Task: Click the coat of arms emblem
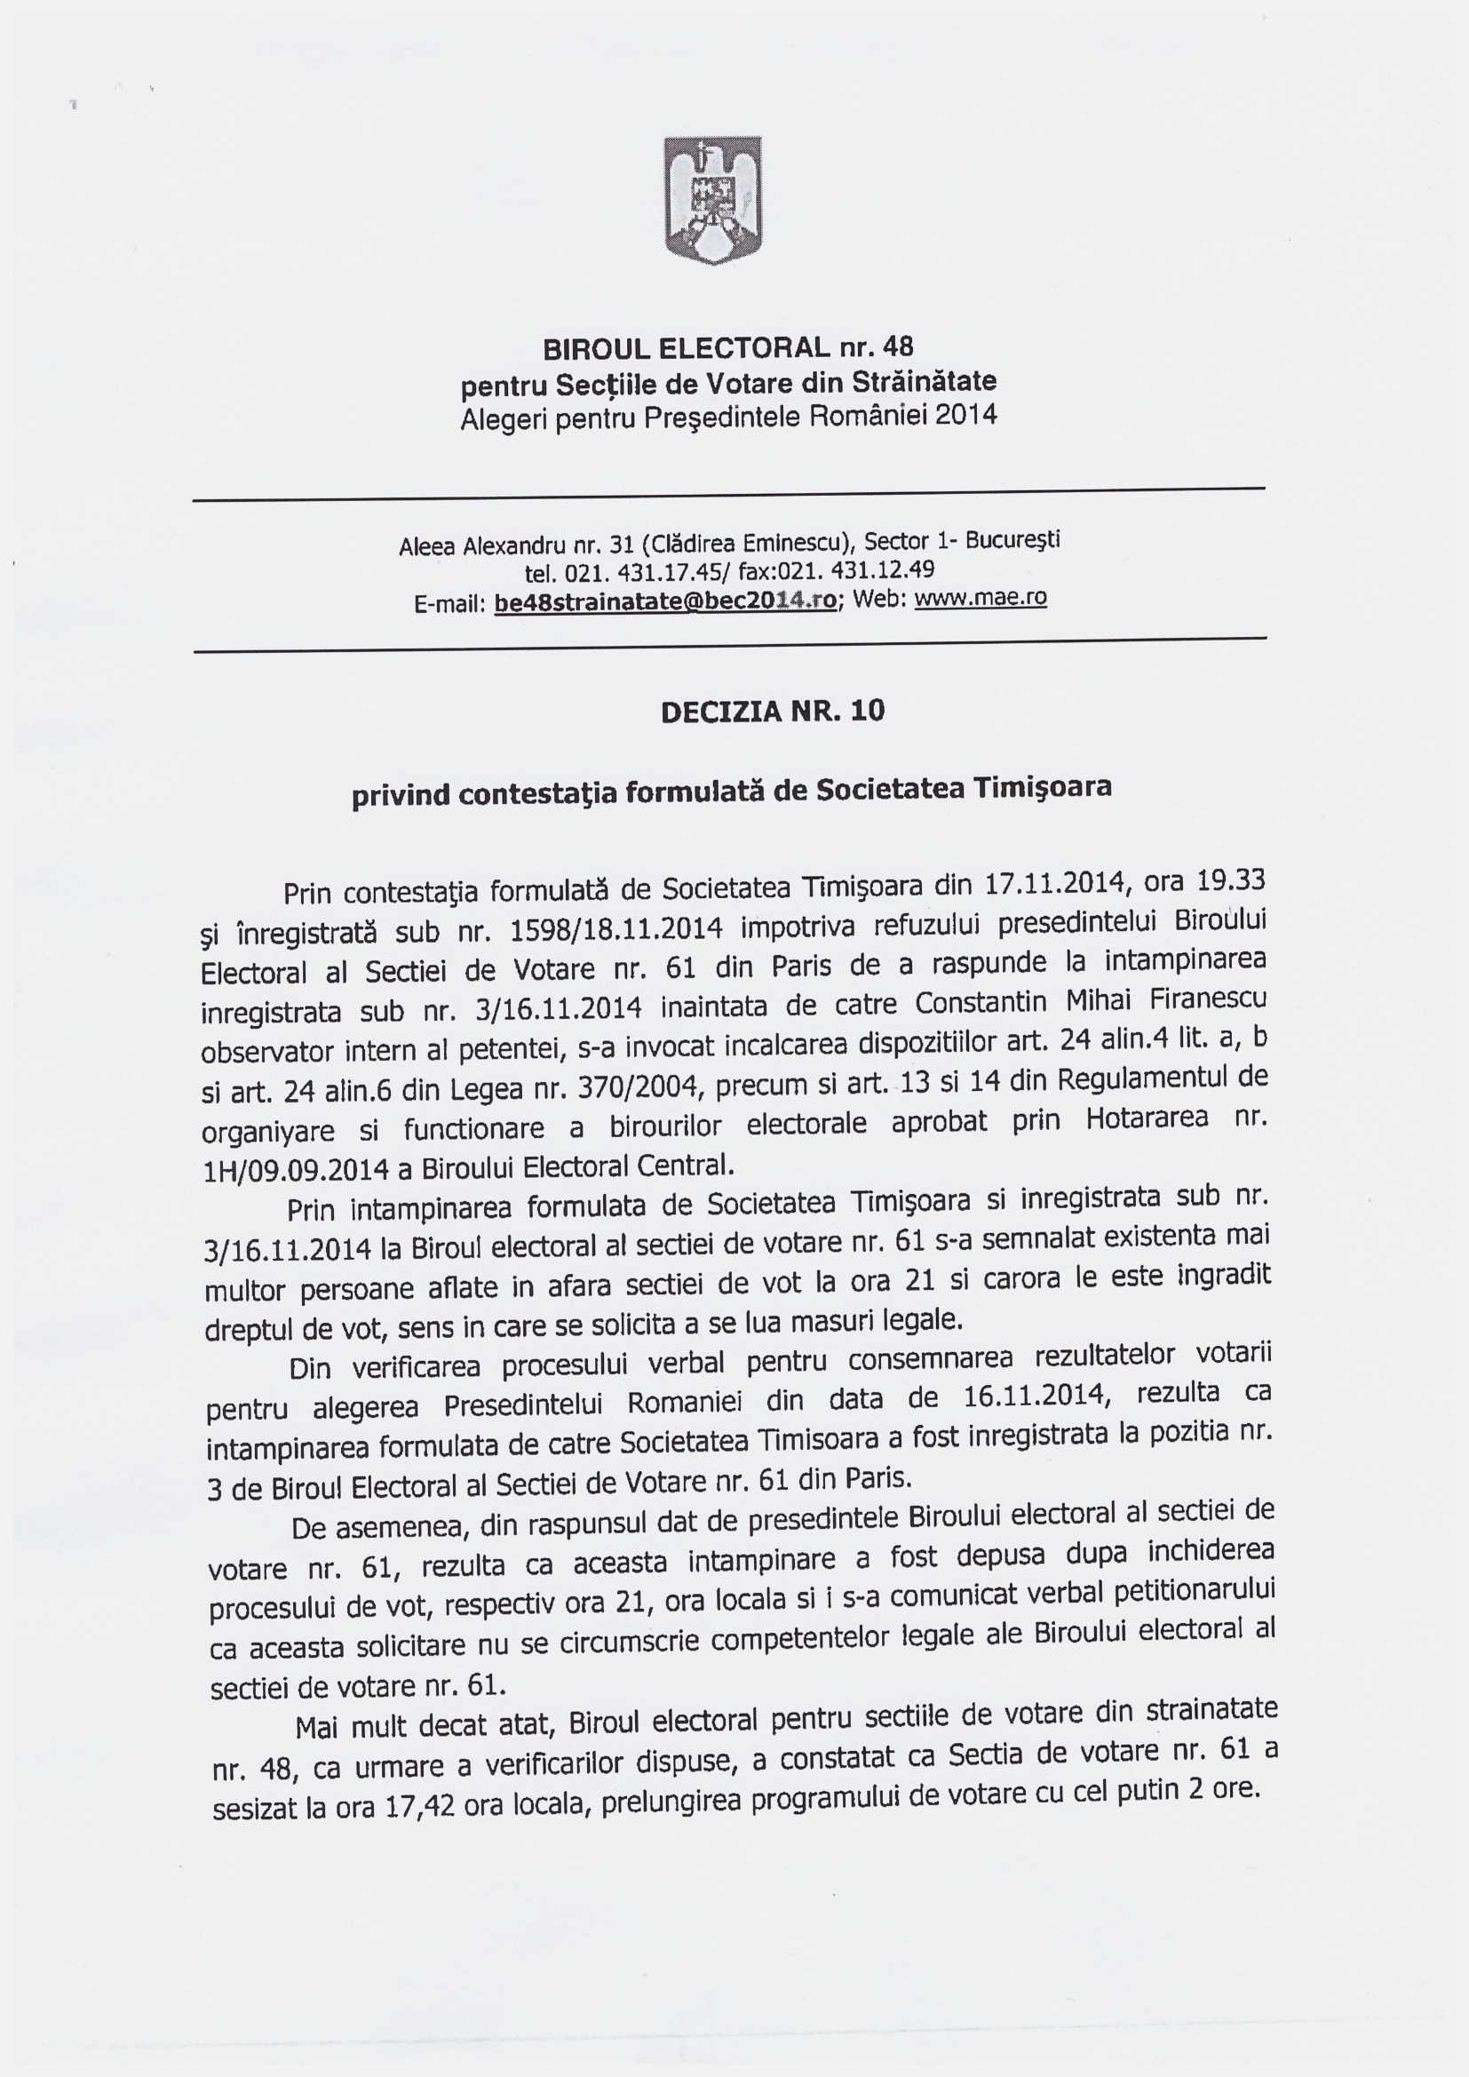pos(713,200)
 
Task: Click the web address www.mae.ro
pos(981,598)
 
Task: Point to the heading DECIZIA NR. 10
pos(773,712)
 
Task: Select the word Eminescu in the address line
pos(797,544)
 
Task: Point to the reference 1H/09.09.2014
pos(293,1172)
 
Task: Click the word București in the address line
pos(1012,541)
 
